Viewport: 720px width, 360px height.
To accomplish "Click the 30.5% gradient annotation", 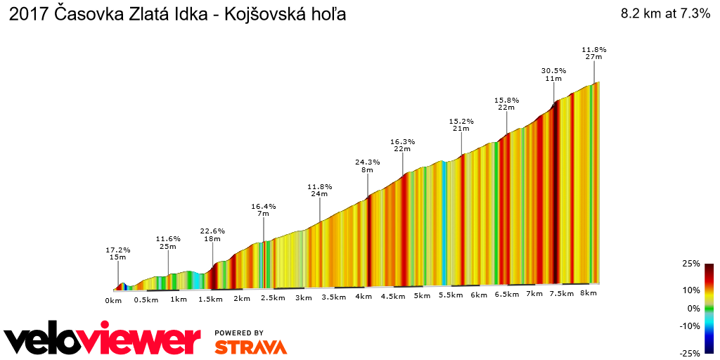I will (x=553, y=70).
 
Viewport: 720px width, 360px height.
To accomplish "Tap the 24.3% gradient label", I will (x=368, y=162).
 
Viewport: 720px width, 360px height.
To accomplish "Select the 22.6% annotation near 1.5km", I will (x=212, y=231).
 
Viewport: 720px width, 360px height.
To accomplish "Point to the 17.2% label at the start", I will (x=118, y=250).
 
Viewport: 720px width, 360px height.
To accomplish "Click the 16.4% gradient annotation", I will (x=264, y=206).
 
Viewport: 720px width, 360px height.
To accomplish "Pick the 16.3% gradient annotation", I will (x=402, y=141).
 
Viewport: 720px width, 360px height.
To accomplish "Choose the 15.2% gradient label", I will (x=461, y=121).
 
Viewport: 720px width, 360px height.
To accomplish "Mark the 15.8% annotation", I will (x=506, y=101).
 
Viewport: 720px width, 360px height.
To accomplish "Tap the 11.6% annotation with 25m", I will (x=168, y=238).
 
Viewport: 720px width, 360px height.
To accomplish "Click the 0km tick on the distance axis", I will (x=114, y=300).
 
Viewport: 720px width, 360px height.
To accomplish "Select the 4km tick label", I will (x=364, y=297).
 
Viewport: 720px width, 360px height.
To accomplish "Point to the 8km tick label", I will (x=589, y=292).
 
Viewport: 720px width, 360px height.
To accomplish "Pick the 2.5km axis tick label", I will (x=273, y=298).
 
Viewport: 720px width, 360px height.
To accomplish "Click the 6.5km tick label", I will (x=507, y=294).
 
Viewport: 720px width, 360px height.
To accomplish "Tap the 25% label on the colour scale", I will (x=691, y=264).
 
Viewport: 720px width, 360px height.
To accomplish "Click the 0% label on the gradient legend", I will (x=693, y=308).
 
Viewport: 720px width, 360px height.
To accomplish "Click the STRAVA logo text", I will (x=250, y=347).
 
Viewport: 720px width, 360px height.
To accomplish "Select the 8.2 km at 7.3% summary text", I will (x=665, y=13).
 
